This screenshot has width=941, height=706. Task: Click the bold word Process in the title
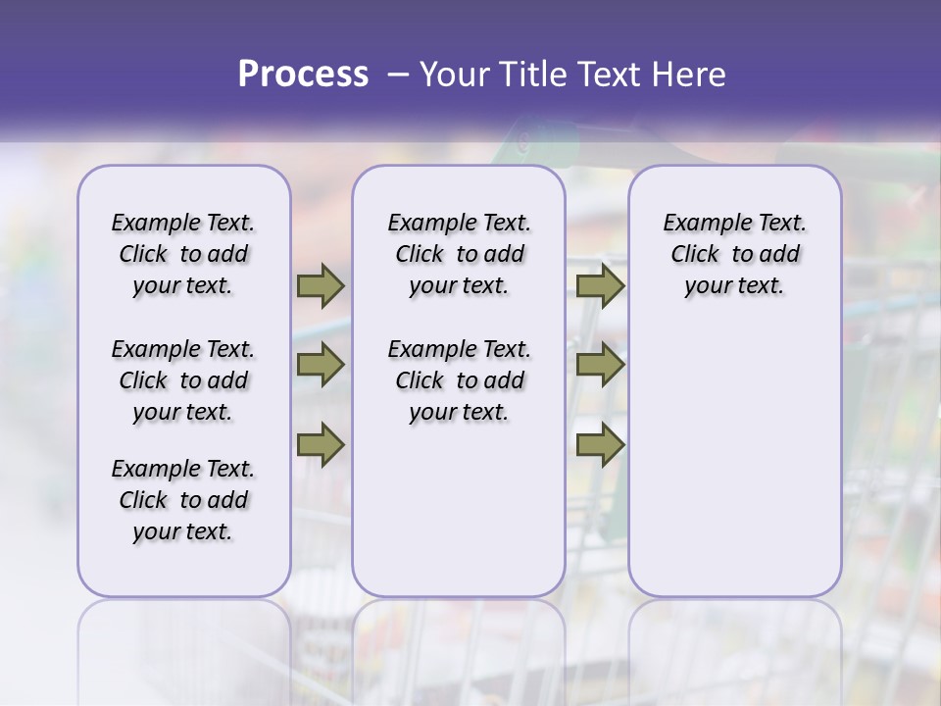pyautogui.click(x=303, y=75)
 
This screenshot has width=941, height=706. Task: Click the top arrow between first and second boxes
pyautogui.click(x=321, y=286)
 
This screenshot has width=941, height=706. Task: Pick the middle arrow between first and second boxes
pyautogui.click(x=321, y=365)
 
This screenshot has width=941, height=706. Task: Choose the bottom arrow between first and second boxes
pyautogui.click(x=321, y=444)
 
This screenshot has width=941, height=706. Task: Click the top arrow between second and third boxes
pyautogui.click(x=600, y=286)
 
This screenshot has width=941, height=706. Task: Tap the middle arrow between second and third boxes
pyautogui.click(x=600, y=365)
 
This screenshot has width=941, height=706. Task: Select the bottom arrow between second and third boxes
pyautogui.click(x=600, y=444)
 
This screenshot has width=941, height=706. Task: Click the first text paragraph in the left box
pyautogui.click(x=183, y=254)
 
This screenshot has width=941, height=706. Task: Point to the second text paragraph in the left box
pyautogui.click(x=183, y=380)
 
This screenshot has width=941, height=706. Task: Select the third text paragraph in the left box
pyautogui.click(x=183, y=500)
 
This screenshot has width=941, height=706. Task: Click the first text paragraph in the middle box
pyautogui.click(x=459, y=254)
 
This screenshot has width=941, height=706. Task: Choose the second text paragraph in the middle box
pyautogui.click(x=459, y=380)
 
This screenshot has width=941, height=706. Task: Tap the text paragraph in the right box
pyautogui.click(x=734, y=254)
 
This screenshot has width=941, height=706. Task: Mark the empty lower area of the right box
pyautogui.click(x=734, y=461)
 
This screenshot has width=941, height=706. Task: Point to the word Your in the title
pyautogui.click(x=456, y=75)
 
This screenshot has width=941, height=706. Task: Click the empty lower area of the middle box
pyautogui.click(x=459, y=510)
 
